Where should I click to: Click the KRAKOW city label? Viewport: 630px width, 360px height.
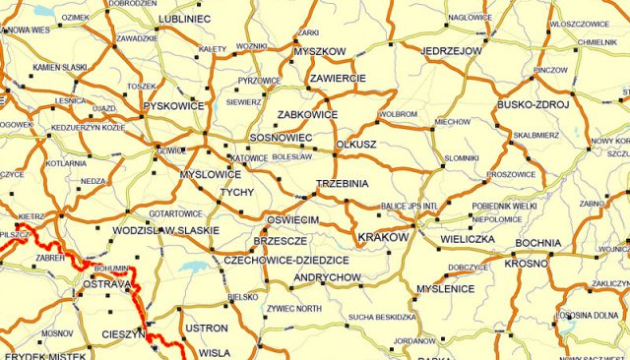(x=383, y=238)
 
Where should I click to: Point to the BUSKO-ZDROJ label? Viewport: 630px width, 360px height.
(x=539, y=104)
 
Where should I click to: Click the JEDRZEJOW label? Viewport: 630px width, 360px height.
(x=452, y=50)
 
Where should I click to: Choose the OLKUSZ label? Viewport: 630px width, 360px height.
(x=357, y=144)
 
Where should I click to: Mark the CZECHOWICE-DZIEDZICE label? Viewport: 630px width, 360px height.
(x=286, y=260)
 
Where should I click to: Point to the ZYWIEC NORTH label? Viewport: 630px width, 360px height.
(x=293, y=309)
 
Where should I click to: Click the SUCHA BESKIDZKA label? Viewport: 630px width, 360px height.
(x=383, y=317)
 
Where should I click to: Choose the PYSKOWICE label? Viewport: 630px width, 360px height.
(x=173, y=105)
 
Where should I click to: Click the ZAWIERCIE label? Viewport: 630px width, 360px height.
(x=338, y=78)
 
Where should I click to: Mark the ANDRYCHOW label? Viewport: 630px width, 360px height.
(x=329, y=278)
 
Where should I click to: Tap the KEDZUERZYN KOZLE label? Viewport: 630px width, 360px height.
(x=88, y=128)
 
